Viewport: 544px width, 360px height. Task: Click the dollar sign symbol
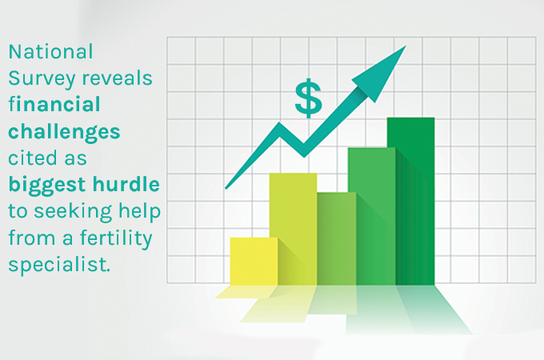coord(308,98)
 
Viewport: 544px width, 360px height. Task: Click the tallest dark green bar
coord(410,200)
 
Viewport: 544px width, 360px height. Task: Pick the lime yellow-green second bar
coord(293,228)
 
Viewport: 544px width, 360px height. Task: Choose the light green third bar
coord(336,238)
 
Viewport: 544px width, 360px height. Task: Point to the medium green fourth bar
coord(372,216)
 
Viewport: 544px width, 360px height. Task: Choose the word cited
coord(33,158)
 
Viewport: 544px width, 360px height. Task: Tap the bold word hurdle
coord(126,185)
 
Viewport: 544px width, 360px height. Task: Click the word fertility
coord(124,238)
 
